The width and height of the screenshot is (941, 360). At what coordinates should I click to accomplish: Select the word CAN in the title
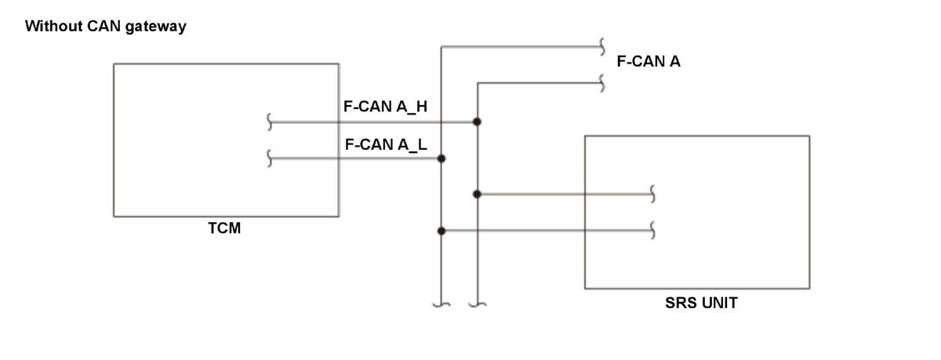tap(104, 26)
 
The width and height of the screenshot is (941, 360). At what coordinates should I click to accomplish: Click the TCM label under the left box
tap(224, 228)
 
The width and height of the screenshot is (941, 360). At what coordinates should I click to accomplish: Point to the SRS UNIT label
tap(701, 303)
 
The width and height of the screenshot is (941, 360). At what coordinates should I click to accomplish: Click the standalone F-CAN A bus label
tap(649, 61)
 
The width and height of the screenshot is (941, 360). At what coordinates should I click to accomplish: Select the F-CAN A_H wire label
tap(385, 107)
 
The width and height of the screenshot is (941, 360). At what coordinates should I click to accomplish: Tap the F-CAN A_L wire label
tap(386, 144)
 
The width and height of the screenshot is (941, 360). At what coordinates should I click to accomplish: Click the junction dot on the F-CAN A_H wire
tap(477, 122)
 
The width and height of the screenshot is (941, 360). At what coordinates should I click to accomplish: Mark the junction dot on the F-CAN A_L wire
tap(441, 158)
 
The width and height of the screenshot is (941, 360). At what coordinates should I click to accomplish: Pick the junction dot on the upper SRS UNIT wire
tap(477, 194)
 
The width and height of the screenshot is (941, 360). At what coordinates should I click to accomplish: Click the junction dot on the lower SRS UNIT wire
tap(441, 231)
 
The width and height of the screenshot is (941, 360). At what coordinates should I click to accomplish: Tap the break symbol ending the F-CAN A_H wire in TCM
tap(269, 122)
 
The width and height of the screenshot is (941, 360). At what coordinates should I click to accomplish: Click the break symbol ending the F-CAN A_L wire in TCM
tap(269, 158)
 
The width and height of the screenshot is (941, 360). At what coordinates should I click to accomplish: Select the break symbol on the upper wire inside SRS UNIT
tap(652, 194)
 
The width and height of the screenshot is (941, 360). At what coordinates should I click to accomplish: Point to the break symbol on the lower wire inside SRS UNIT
tap(652, 231)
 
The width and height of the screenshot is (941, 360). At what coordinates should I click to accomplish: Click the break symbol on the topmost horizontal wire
tap(602, 46)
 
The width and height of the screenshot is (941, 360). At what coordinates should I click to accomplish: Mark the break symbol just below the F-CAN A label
tap(602, 83)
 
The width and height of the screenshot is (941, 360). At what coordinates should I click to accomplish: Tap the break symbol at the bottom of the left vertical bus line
tap(441, 304)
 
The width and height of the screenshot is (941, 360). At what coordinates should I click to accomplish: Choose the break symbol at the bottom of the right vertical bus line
tap(478, 304)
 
